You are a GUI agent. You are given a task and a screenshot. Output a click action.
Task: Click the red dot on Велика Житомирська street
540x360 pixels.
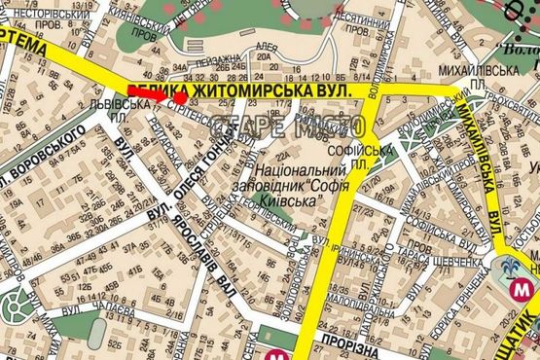(182, 97)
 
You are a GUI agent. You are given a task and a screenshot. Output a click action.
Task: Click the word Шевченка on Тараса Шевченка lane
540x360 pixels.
(453, 261)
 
